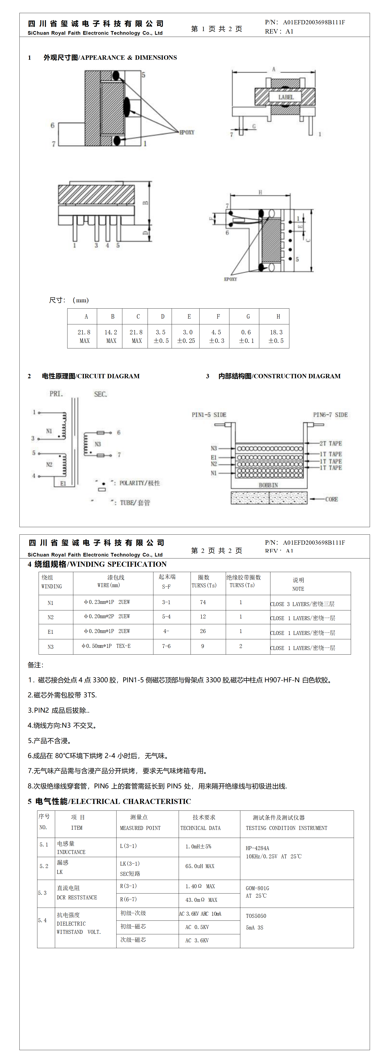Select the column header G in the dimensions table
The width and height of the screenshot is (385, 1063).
click(248, 317)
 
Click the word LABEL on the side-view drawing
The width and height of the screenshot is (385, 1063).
click(285, 97)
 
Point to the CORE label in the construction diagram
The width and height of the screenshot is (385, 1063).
click(331, 499)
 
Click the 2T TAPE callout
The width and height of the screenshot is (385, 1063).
click(331, 443)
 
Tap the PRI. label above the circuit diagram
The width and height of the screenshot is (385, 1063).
click(56, 394)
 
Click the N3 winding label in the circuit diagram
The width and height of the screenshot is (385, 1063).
click(98, 444)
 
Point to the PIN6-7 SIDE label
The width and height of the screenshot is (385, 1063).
click(330, 415)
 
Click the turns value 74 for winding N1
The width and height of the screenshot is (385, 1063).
click(203, 602)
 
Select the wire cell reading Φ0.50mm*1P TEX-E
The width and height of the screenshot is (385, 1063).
click(106, 646)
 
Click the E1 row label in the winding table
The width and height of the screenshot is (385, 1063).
click(50, 632)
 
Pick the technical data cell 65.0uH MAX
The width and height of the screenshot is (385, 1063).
click(200, 866)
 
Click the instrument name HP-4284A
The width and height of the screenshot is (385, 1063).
click(257, 848)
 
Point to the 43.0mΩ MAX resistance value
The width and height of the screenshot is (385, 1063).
click(201, 900)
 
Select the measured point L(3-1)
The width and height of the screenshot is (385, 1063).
click(128, 846)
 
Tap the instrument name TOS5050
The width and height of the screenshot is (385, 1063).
click(256, 916)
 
